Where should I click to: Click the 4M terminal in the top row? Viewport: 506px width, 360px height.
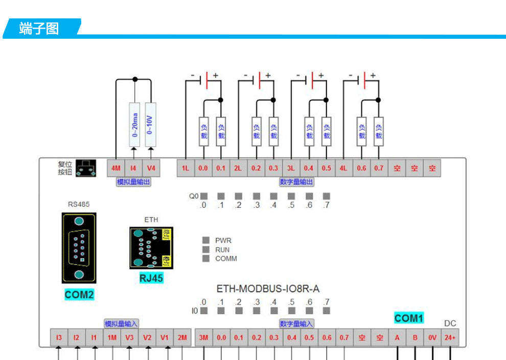(x=116, y=168)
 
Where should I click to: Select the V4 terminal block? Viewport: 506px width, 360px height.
(x=151, y=168)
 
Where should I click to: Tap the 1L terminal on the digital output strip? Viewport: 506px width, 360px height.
(x=185, y=168)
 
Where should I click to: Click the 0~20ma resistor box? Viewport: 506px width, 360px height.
(x=134, y=125)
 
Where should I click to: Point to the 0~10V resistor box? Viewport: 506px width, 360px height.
(x=150, y=125)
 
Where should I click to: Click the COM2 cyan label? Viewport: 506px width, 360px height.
(x=79, y=295)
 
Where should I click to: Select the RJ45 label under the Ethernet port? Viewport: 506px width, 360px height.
(x=151, y=278)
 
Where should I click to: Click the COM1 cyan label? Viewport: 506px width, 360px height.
(x=409, y=318)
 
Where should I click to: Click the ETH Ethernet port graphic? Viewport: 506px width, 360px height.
(x=151, y=248)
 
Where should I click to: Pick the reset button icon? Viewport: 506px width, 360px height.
(x=86, y=168)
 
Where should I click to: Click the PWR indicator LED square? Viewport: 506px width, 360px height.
(x=206, y=240)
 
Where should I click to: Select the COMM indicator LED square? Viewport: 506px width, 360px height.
(x=206, y=258)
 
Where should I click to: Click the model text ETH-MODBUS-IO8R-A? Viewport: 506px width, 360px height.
(x=268, y=289)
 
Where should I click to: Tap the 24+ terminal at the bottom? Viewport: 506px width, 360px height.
(x=450, y=338)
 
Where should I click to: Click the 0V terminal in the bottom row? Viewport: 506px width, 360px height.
(x=432, y=338)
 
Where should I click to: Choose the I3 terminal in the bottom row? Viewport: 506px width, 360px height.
(x=59, y=338)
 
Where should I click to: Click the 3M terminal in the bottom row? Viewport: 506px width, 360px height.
(x=203, y=338)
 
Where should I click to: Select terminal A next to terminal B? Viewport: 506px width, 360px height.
(x=397, y=338)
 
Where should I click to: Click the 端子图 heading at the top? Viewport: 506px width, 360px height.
(x=39, y=29)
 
